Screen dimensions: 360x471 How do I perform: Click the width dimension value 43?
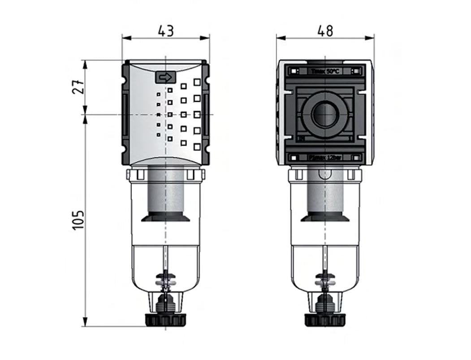pos(166,30)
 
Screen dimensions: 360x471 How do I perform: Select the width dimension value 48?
pos(325,30)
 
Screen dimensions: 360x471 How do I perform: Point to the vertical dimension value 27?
pos(77,87)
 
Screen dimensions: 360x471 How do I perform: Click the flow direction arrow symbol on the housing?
pos(165,78)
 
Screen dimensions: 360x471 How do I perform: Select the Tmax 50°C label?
pos(325,71)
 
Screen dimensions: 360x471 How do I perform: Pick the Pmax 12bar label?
pos(325,157)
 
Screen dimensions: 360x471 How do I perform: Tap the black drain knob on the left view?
pos(165,319)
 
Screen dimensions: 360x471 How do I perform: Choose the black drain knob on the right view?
pos(325,319)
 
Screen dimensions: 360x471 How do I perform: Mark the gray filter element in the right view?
pos(325,193)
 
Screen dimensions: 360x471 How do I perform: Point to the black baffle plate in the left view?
pos(166,217)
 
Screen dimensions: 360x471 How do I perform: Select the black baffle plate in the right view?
pos(325,217)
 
